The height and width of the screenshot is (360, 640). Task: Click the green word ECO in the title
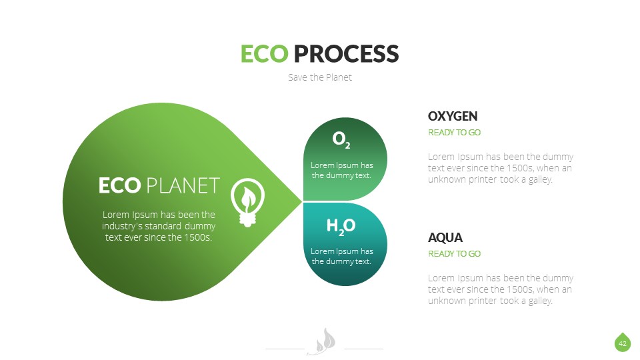[264, 53]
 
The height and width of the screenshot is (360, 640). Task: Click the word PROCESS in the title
[346, 53]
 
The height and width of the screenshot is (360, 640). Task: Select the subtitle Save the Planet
[319, 77]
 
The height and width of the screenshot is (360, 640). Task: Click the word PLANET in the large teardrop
[183, 185]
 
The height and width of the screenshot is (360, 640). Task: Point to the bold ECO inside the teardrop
[119, 185]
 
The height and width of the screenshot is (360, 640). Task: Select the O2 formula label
[341, 139]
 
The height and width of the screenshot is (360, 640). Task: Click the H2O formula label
[341, 227]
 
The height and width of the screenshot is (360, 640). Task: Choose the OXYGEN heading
[453, 116]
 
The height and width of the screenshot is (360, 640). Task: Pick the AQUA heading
[445, 237]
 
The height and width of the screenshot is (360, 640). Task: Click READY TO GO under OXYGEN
[454, 133]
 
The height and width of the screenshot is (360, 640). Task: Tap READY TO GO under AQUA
[454, 254]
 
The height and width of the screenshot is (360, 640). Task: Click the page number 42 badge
[622, 343]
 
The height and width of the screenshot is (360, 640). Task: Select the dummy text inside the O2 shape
[341, 170]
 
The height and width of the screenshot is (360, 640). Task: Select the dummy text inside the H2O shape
[341, 257]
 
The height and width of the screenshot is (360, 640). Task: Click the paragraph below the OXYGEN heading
[500, 168]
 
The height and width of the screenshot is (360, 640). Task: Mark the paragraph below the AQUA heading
[500, 289]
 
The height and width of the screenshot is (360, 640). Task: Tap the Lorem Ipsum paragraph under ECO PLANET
[159, 226]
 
